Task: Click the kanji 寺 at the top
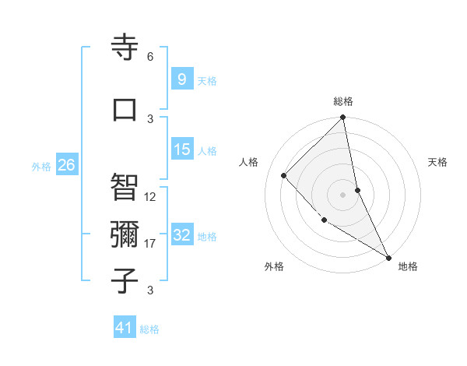[125, 48]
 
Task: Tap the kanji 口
[125, 108]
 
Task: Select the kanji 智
[125, 186]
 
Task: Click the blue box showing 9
[181, 79]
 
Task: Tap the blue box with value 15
[182, 150]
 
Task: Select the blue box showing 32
[182, 235]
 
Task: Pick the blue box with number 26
[67, 164]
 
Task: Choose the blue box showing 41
[125, 328]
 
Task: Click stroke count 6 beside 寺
[150, 57]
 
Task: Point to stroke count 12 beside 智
[150, 197]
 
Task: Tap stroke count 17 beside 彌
[150, 244]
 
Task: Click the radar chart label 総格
[343, 101]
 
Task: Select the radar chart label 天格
[438, 162]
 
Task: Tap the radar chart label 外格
[274, 266]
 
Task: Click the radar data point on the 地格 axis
[388, 257]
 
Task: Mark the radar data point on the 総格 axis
[343, 118]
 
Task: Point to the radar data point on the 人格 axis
[284, 175]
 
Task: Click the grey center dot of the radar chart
[343, 195]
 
